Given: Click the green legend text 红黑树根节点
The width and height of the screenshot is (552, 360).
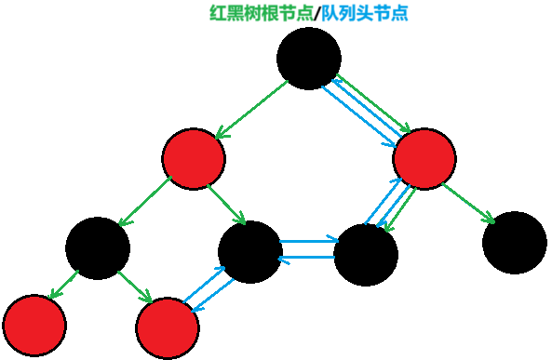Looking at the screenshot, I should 261,13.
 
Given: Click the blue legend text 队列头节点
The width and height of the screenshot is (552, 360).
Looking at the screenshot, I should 365,13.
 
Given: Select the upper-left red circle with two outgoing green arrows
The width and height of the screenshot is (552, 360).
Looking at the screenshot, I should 194,159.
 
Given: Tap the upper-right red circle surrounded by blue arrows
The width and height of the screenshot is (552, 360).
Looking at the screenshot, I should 424,159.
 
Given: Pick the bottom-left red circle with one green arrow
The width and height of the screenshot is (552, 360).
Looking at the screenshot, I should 34,326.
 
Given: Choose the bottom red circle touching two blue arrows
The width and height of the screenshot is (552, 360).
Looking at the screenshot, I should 168,328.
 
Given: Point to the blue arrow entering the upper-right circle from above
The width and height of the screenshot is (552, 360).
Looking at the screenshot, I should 358,116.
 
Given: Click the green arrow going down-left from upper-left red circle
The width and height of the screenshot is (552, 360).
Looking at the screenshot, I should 145,201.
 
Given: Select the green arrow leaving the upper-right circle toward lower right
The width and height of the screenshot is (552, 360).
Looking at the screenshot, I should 467,203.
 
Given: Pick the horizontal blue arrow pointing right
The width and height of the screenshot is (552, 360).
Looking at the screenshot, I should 309,241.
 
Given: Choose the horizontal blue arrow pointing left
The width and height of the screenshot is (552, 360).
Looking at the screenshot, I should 306,258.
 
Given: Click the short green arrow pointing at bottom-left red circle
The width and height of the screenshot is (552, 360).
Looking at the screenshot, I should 63,285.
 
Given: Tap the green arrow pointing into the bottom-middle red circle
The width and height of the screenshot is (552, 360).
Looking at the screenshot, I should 135,287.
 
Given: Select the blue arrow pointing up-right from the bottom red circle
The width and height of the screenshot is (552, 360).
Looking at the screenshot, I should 204,284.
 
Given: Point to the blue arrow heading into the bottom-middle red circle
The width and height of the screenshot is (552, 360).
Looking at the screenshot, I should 213,295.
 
